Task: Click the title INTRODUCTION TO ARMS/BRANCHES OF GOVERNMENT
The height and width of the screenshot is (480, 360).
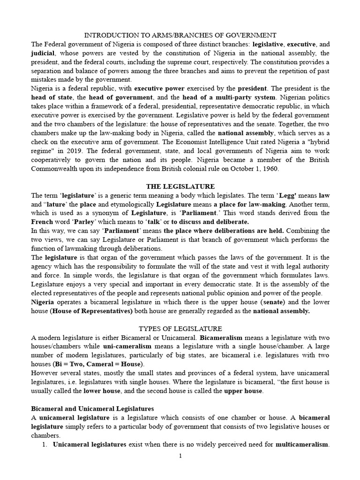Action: tap(180, 35)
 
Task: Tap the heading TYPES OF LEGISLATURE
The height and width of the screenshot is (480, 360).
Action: tap(180, 328)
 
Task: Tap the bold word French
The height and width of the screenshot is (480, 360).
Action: tap(41, 222)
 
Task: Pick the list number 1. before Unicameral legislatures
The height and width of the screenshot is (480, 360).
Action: tap(45, 444)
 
